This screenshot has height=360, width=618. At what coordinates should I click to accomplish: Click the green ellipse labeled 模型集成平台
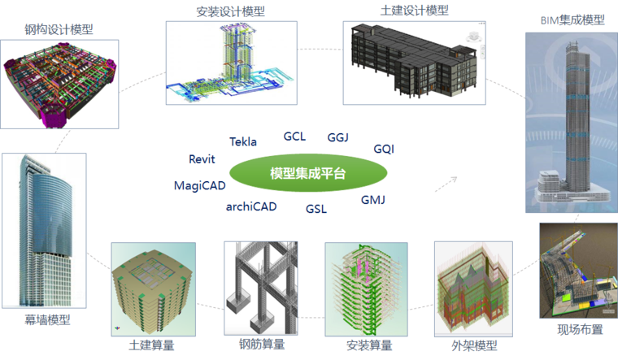coord(308,173)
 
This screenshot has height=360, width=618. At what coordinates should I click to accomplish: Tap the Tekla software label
coord(243,141)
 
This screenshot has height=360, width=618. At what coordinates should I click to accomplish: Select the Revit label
coord(202,159)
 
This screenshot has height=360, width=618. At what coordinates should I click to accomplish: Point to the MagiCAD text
coord(200,185)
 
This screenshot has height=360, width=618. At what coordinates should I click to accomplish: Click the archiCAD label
coord(251,206)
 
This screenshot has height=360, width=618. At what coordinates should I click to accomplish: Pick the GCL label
coord(294,137)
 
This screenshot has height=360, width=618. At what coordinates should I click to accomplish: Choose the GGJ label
coord(337,137)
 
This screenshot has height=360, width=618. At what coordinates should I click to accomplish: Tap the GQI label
coord(384,149)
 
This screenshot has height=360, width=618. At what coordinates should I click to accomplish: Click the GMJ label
coord(373,200)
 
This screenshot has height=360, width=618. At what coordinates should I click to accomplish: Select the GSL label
coord(316,209)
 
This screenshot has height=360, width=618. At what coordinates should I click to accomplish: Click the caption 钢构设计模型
coord(59,29)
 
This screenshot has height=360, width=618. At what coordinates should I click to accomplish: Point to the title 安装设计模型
coord(231,11)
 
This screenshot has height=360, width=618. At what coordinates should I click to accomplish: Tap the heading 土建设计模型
coord(415,11)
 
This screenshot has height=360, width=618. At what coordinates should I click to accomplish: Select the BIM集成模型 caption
coord(572,20)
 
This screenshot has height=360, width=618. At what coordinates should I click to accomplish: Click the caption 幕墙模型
coord(47,320)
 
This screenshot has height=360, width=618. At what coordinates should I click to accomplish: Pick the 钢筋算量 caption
coord(262,345)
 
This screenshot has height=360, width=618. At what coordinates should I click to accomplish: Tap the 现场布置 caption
coord(580,329)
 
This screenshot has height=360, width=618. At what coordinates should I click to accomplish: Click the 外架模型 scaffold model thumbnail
coord(474,289)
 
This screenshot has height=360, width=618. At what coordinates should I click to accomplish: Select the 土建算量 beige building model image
coord(154,289)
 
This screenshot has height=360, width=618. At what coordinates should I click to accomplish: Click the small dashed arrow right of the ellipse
coord(446,184)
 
